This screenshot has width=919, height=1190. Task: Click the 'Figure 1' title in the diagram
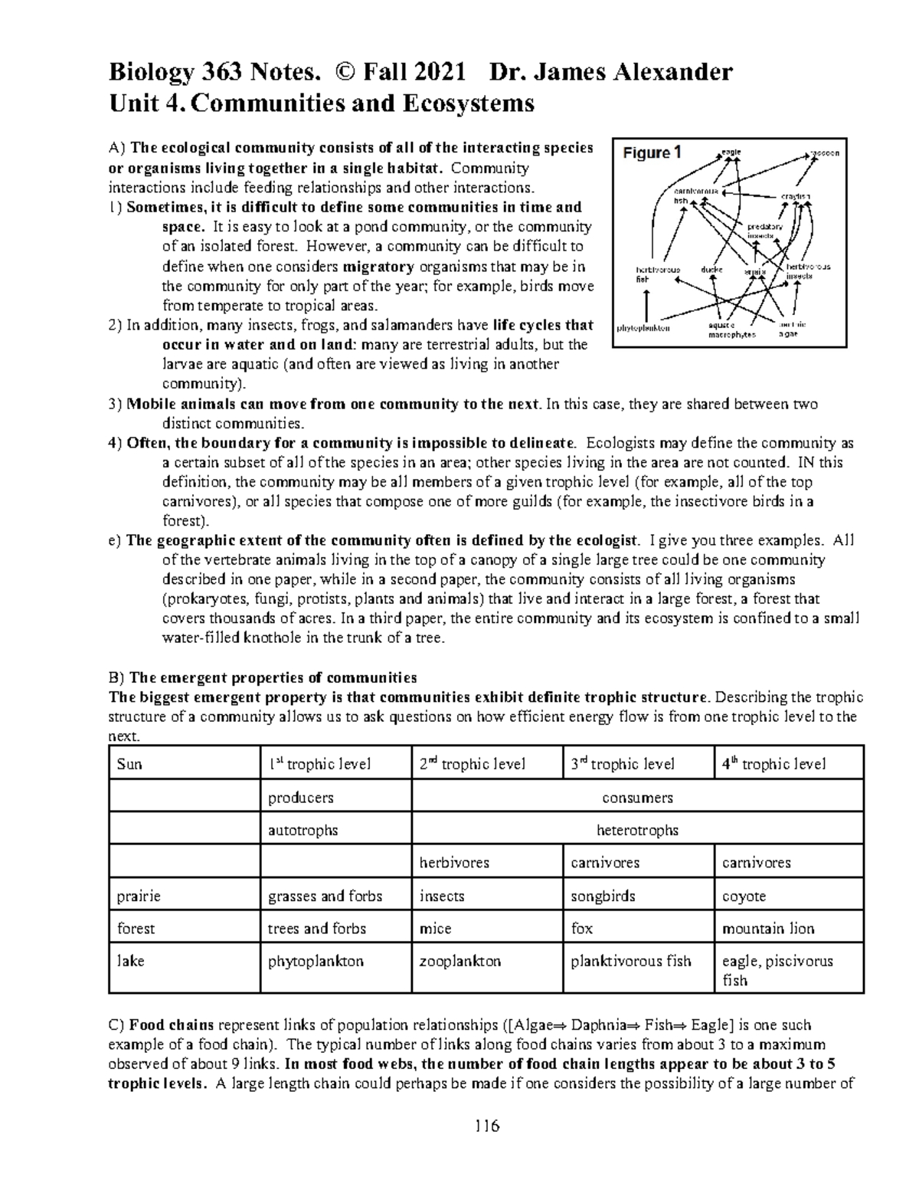tap(652, 153)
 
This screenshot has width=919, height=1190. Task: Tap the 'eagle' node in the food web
tap(731, 152)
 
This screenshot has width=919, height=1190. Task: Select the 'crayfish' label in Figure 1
tap(796, 196)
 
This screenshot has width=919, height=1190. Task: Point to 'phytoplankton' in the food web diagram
tap(643, 329)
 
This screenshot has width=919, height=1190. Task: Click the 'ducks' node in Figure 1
tap(711, 270)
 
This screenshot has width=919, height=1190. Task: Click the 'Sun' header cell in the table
tap(129, 764)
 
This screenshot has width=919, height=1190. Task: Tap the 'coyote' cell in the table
tap(744, 896)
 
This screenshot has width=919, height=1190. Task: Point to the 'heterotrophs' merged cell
tap(637, 830)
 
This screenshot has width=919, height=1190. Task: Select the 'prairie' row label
tap(139, 896)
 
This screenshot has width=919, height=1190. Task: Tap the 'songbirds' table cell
tap(603, 896)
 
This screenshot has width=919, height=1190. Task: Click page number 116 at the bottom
tap(486, 1126)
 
